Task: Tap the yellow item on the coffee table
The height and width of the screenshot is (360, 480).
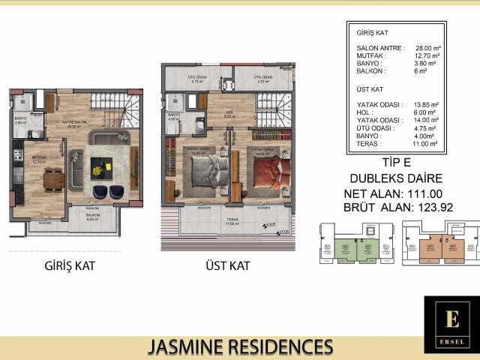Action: tap(97, 171)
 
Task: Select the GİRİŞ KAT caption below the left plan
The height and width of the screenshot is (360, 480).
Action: tap(69, 266)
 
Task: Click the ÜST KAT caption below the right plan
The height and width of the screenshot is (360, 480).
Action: tap(227, 266)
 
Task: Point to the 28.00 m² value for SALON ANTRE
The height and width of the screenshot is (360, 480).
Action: tap(424, 47)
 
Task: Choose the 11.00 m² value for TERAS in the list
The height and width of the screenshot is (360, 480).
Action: tap(425, 142)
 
